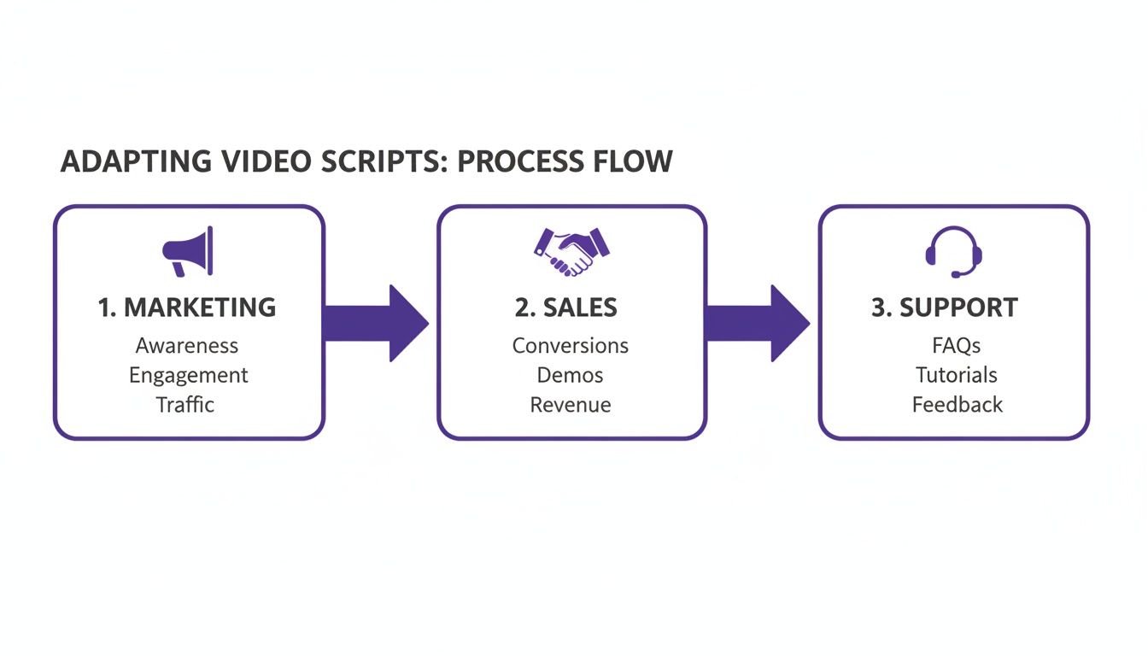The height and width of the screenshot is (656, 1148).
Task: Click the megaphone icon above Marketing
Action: pos(187,251)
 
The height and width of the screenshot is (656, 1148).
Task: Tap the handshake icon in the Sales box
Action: pos(571,251)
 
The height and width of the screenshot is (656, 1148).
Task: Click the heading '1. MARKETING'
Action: pos(187,307)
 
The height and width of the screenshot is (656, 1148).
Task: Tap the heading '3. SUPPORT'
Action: pos(945,307)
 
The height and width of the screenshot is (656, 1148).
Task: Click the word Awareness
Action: pos(187,346)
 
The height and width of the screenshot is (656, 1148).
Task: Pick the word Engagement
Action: pos(188,375)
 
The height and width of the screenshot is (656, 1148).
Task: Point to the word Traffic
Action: pos(185,404)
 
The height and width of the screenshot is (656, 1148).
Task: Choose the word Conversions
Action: pos(571,346)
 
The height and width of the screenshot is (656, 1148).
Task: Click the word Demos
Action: pos(571,375)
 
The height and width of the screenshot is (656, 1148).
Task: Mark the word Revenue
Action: pos(571,404)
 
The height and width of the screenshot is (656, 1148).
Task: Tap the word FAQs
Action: pos(957,346)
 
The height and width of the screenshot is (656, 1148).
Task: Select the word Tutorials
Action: pos(957,375)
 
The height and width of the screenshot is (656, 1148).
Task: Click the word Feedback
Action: pos(958,404)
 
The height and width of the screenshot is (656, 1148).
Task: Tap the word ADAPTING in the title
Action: pos(125,161)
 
